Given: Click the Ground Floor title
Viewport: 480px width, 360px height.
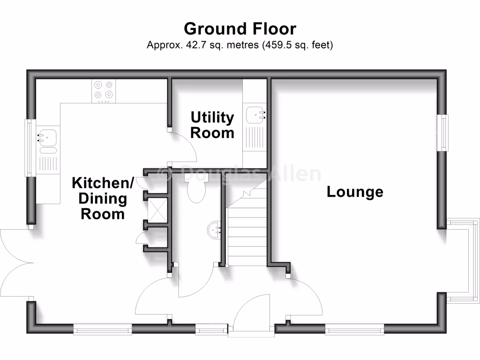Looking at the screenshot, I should [x=240, y=29].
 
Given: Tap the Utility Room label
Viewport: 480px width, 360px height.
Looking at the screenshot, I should [x=212, y=125].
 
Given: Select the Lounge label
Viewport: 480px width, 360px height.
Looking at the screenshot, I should [x=355, y=192].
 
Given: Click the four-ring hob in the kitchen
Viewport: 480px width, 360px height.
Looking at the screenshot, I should [x=104, y=90].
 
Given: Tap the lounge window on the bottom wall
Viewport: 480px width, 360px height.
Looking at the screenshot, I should [x=354, y=330].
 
